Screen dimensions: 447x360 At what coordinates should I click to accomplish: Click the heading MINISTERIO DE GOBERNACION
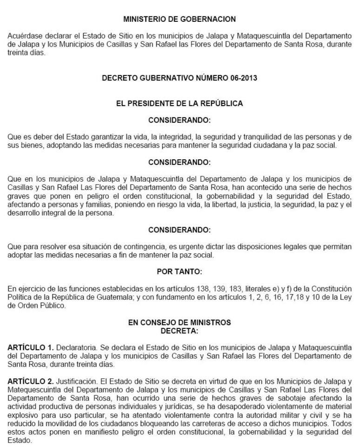coord(180,19)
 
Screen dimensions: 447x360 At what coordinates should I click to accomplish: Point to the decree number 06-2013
coord(242,78)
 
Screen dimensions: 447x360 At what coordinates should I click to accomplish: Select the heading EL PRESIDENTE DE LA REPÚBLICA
coord(180,103)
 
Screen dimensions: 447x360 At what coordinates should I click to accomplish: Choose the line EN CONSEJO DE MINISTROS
coord(180,322)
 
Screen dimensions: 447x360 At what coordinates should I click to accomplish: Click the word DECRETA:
coord(180,331)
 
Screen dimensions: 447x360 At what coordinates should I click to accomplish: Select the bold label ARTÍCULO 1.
coord(31,347)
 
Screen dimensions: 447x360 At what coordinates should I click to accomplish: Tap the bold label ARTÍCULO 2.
coord(31,381)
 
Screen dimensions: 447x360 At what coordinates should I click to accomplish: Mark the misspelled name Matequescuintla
coord(33,390)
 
